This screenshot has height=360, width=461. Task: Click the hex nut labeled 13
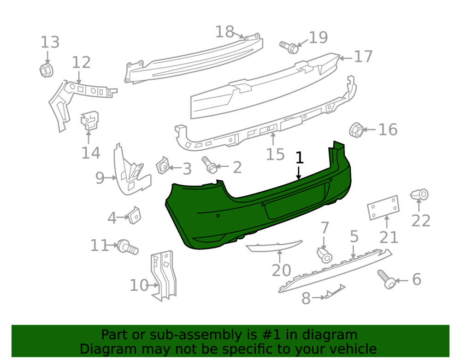pyautogui.click(x=46, y=70)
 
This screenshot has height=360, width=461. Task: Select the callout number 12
pyautogui.click(x=81, y=62)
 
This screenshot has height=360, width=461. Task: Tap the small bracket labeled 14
pyautogui.click(x=90, y=120)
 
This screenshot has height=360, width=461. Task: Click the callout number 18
pyautogui.click(x=225, y=31)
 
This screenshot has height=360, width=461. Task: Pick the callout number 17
pyautogui.click(x=363, y=56)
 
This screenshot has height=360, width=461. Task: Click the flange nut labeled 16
pyautogui.click(x=356, y=130)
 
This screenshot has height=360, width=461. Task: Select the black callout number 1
pyautogui.click(x=299, y=158)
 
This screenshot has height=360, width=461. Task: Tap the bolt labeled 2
pyautogui.click(x=209, y=165)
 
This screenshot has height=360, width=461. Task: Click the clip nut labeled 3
pyautogui.click(x=163, y=165)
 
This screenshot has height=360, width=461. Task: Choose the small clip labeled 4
pyautogui.click(x=134, y=215)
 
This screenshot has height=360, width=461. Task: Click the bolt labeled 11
pyautogui.click(x=127, y=247)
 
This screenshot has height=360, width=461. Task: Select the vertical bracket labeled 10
pyautogui.click(x=164, y=276)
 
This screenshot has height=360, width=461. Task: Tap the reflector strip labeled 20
pyautogui.click(x=273, y=246)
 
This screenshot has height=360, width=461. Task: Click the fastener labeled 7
pyautogui.click(x=324, y=254)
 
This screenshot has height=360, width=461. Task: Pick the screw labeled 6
pyautogui.click(x=386, y=279)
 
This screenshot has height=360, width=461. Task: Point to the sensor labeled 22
pyautogui.click(x=420, y=194)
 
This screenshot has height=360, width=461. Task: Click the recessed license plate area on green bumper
pyautogui.click(x=297, y=201)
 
